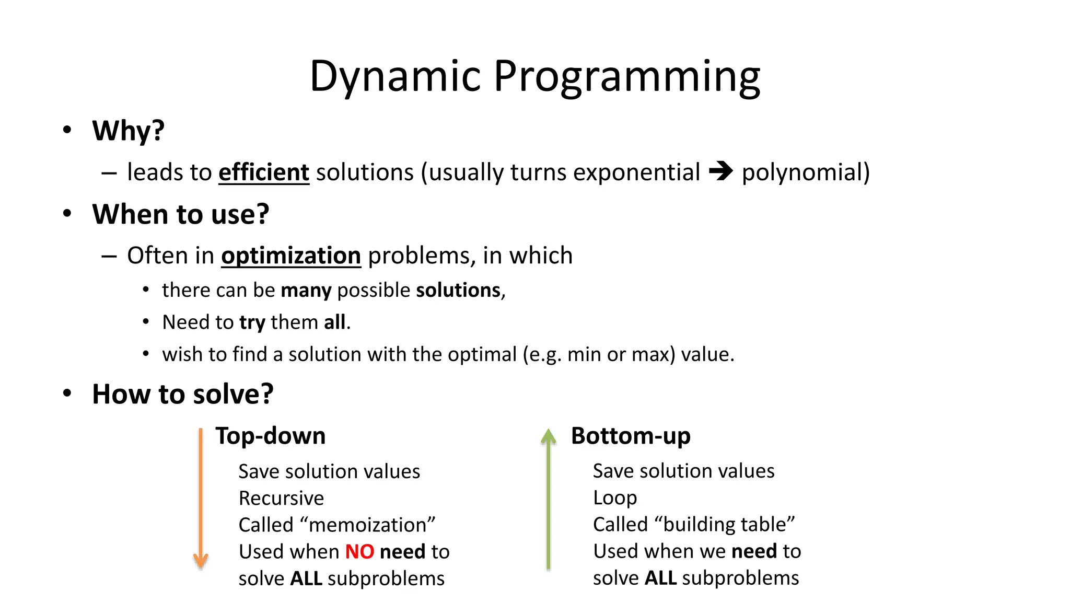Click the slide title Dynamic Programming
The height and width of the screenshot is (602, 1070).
click(x=534, y=76)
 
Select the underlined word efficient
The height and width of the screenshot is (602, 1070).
click(x=264, y=172)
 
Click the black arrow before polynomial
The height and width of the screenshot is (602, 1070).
click(x=721, y=171)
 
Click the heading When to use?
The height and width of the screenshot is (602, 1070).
click(x=180, y=214)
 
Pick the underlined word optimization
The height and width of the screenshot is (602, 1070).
click(x=291, y=256)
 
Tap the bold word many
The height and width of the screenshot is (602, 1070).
click(x=306, y=291)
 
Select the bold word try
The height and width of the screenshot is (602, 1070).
click(x=252, y=323)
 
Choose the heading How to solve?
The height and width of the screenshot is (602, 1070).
click(x=182, y=394)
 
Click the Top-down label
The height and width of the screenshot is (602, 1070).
click(x=271, y=436)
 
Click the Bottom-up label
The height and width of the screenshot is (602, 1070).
click(x=631, y=436)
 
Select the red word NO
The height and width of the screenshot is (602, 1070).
click(x=359, y=552)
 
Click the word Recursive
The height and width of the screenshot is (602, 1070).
click(x=281, y=499)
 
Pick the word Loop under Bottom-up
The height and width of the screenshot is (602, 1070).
click(x=615, y=498)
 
